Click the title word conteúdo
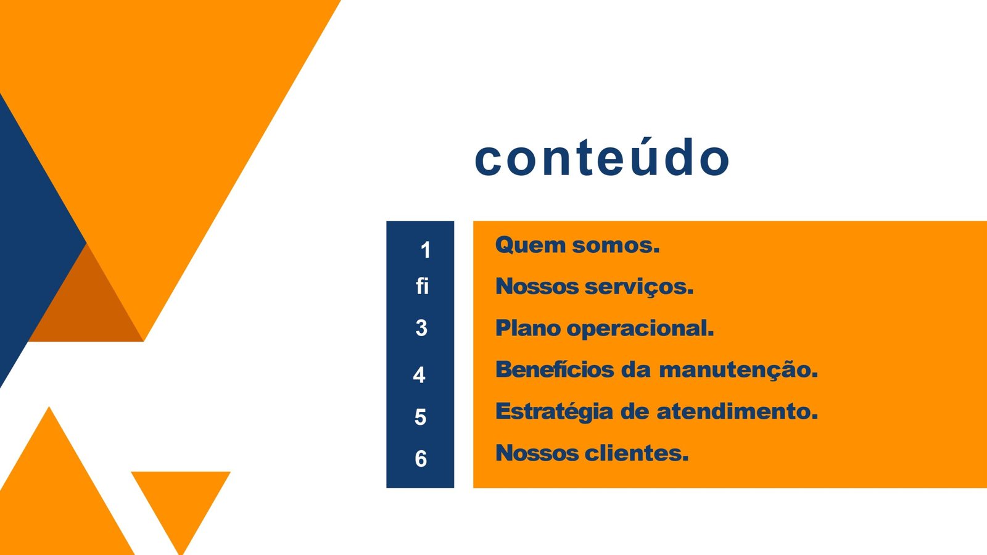point(602,157)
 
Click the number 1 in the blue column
point(425,250)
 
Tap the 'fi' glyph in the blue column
point(422,286)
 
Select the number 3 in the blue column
point(421,328)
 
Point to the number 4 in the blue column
point(419,375)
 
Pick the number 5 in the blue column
point(420,417)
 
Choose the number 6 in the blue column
point(421,459)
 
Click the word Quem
point(530,245)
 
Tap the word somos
point(616,245)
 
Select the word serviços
point(639,287)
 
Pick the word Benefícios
point(555,369)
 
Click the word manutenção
point(738,370)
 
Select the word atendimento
point(737,411)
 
